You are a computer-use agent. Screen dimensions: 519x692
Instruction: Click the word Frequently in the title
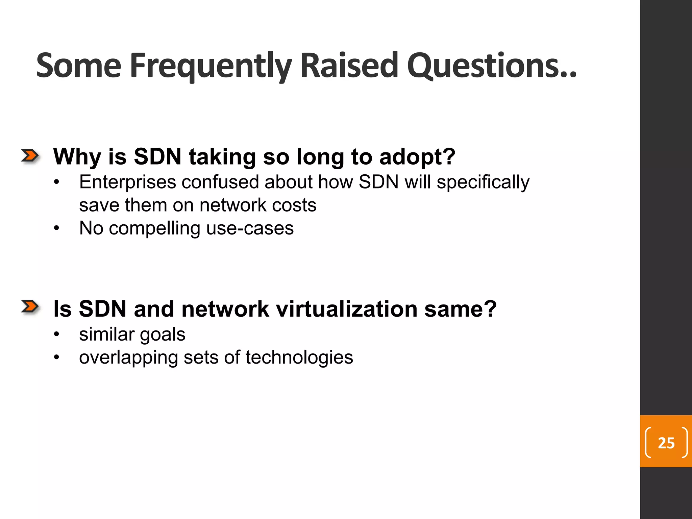(x=211, y=66)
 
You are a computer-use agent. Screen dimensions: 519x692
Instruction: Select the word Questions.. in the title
(x=492, y=66)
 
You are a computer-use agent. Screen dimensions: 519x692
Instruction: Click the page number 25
(x=666, y=443)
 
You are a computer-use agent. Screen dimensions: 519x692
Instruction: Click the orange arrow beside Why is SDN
(x=30, y=156)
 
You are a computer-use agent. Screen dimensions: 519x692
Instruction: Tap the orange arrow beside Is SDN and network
(x=30, y=307)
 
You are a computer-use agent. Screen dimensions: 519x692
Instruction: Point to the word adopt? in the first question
(x=417, y=157)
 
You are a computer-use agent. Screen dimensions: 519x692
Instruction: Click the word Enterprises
(x=127, y=182)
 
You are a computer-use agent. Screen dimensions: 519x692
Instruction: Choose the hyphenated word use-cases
(x=250, y=228)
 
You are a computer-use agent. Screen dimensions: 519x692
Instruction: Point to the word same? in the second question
(x=460, y=309)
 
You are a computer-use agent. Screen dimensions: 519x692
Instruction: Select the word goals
(x=163, y=335)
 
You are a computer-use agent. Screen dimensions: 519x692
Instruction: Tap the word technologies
(x=299, y=357)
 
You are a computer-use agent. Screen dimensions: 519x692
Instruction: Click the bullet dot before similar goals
(x=56, y=335)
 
